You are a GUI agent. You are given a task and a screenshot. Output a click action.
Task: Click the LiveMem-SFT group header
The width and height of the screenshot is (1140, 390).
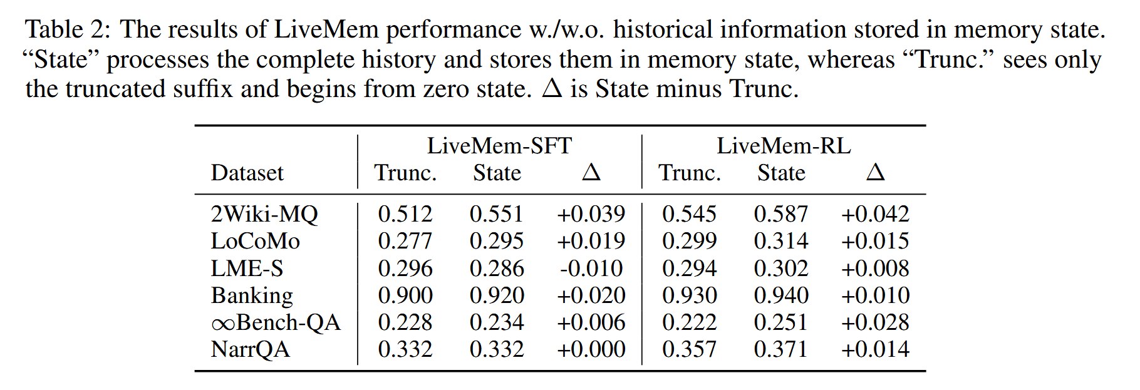coord(499,146)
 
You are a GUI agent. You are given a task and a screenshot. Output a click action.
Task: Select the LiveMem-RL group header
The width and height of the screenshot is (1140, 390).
coord(784,146)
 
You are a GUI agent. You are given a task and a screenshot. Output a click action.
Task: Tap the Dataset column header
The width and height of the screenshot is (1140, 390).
coord(247,173)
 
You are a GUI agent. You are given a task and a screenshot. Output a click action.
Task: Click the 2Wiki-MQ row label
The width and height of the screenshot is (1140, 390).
coord(264,215)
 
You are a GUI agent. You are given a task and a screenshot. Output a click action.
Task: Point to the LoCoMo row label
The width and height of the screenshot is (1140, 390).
coord(256,241)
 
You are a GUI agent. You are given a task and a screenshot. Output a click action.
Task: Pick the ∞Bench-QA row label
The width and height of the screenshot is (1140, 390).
coord(276,322)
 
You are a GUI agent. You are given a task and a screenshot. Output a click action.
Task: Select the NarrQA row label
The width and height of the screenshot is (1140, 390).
coord(251,349)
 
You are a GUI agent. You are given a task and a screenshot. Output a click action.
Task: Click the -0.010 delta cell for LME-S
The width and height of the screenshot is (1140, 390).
coord(591,269)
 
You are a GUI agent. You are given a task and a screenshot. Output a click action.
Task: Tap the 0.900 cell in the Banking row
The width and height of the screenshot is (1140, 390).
coord(405,295)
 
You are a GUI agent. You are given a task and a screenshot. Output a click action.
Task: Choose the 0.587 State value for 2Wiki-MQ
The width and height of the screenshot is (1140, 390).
coord(781,214)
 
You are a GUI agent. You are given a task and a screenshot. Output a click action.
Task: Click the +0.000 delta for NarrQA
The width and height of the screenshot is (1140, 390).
coord(591,349)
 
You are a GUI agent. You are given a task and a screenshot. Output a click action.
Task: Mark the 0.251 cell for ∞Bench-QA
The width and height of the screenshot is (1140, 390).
coord(781,322)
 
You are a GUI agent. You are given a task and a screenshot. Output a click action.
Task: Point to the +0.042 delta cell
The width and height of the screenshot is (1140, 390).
coord(875,214)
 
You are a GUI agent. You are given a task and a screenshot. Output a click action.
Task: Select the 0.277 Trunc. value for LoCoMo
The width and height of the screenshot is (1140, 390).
coord(405,241)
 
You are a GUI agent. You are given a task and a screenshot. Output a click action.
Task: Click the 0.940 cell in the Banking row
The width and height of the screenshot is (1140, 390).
coord(781,295)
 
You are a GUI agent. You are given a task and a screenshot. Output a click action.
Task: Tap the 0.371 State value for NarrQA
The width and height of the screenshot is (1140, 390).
coord(781,349)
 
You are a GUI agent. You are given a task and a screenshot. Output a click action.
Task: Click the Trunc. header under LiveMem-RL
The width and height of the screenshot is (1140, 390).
coord(690,173)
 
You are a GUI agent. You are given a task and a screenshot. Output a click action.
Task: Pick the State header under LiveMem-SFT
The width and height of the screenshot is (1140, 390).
coord(497,173)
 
